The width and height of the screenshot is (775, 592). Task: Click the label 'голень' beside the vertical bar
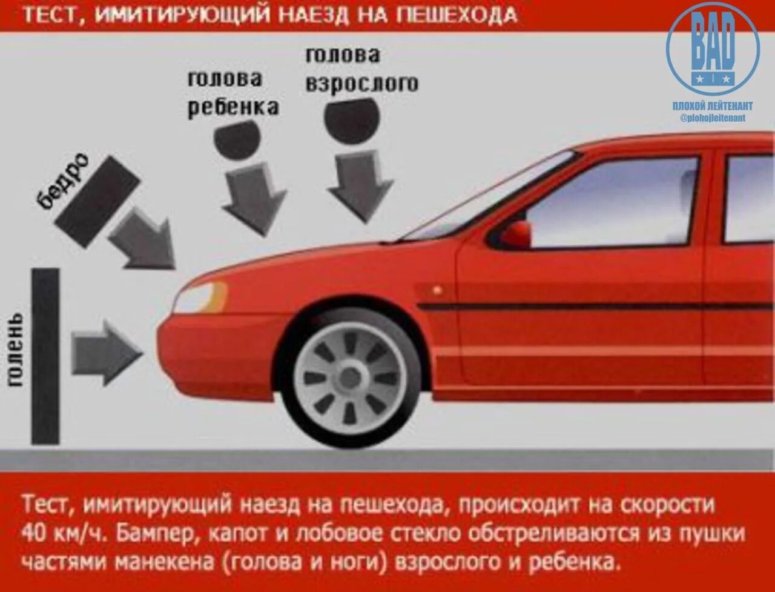(16, 350)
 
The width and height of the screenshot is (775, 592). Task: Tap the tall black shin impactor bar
(45, 356)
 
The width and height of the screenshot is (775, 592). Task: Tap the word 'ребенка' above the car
(233, 107)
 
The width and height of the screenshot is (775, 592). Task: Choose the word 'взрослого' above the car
(361, 83)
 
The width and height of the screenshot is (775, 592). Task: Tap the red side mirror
(515, 234)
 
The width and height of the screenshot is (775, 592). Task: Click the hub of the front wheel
(349, 378)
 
